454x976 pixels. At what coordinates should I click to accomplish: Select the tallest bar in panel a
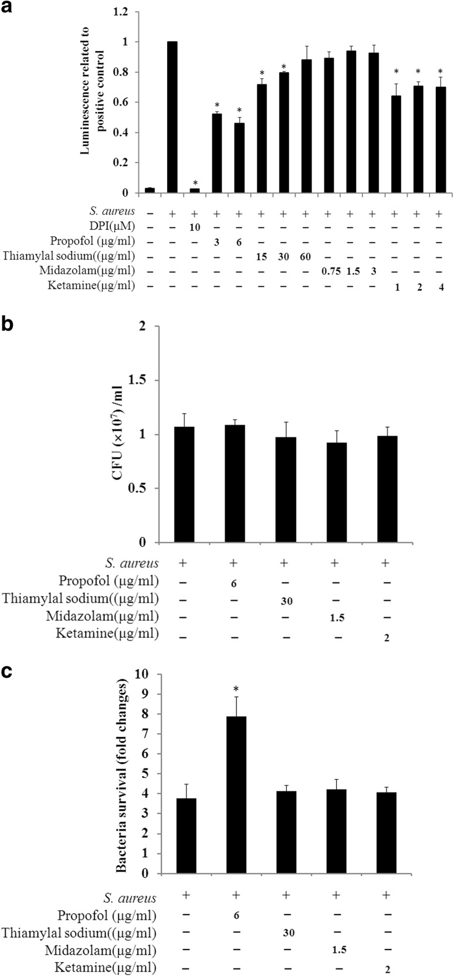point(172,117)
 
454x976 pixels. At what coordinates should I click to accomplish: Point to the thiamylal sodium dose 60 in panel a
point(304,257)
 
